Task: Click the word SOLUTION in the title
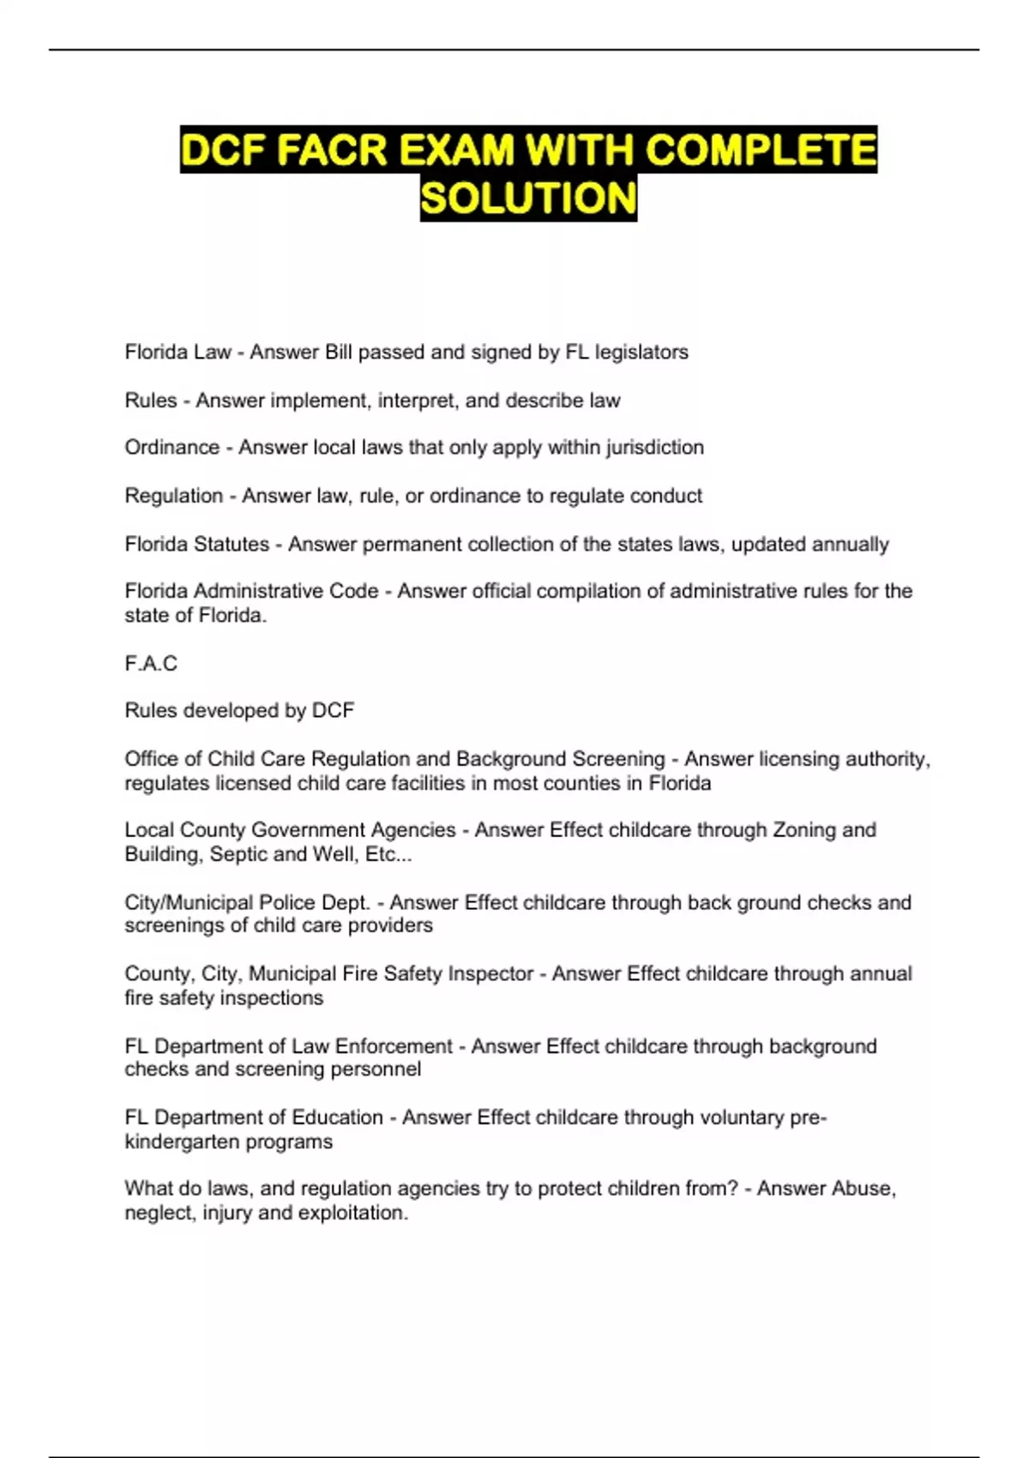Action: click(528, 198)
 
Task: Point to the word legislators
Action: click(641, 352)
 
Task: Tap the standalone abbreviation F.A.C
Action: click(151, 664)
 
